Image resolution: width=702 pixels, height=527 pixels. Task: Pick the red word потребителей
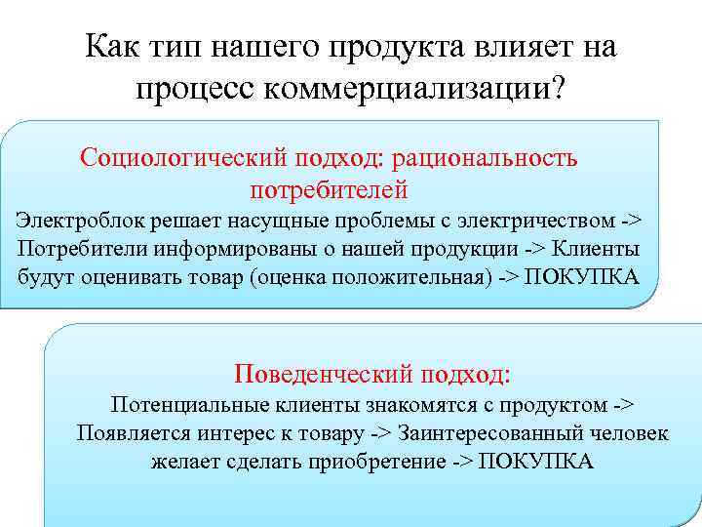[x=329, y=187]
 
